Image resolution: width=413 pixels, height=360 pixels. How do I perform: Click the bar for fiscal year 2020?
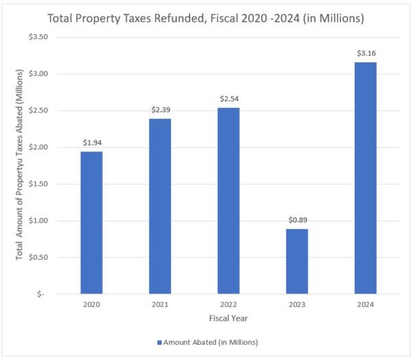[x=91, y=223]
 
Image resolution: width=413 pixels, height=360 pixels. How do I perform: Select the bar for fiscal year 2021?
[x=160, y=206]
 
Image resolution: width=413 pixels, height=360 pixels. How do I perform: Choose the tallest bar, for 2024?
[x=365, y=178]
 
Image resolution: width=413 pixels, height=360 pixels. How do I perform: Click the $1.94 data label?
[x=91, y=143]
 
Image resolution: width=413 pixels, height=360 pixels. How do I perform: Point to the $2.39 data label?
[x=160, y=110]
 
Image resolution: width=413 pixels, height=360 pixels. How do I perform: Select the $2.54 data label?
[x=228, y=99]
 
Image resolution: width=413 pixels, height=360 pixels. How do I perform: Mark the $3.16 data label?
[x=365, y=53]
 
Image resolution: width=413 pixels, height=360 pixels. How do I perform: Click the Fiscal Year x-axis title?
[x=228, y=318]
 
